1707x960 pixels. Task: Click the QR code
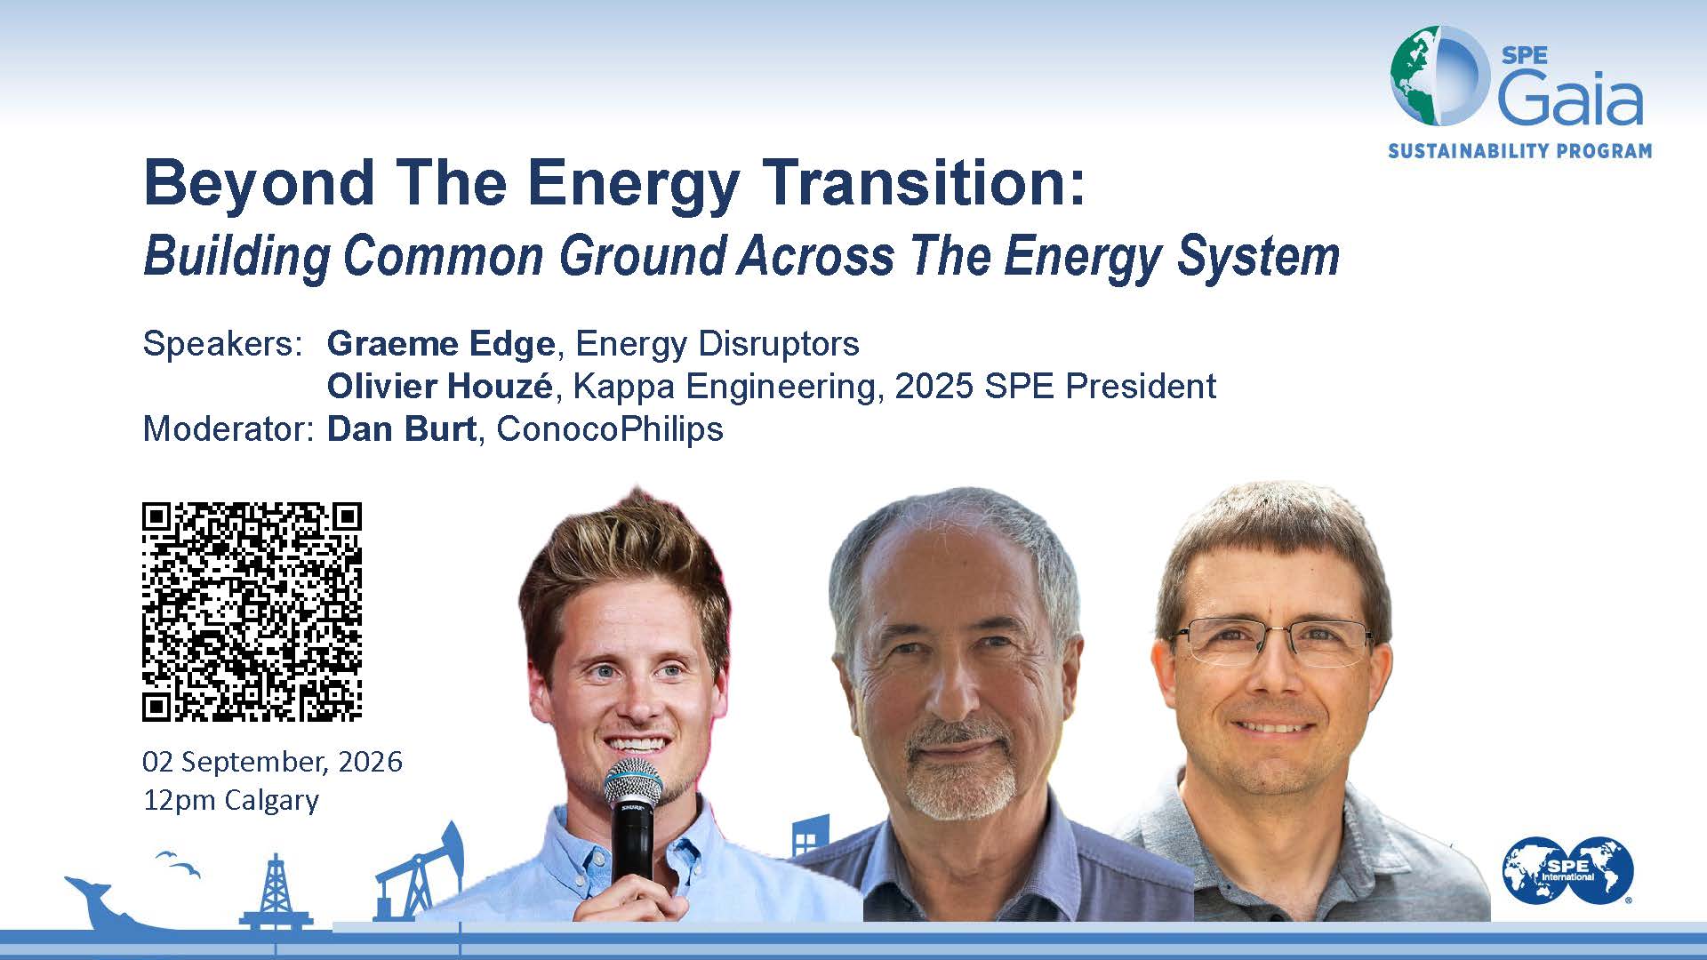click(x=252, y=612)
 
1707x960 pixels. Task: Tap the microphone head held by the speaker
click(x=633, y=783)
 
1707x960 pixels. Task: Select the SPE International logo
click(x=1568, y=870)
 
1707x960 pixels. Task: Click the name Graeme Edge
click(x=441, y=343)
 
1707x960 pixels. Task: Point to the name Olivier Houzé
click(x=440, y=386)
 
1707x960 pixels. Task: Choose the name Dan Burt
click(x=402, y=428)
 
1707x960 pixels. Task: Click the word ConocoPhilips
click(x=610, y=428)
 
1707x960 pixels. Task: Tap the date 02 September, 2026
click(x=272, y=762)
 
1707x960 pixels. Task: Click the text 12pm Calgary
click(x=231, y=800)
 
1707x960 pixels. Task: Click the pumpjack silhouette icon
click(x=419, y=871)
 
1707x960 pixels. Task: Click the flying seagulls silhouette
click(x=179, y=863)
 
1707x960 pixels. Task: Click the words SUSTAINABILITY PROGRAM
click(x=1520, y=151)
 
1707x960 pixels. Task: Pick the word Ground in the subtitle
click(x=644, y=256)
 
